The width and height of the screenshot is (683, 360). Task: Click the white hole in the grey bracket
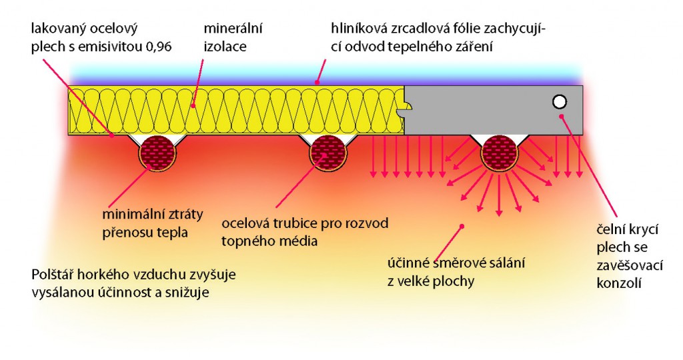(560, 102)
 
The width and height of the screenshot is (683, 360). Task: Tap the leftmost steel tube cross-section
(157, 153)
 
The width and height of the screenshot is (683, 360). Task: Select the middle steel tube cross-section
(328, 153)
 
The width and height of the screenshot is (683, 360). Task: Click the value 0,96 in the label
(157, 47)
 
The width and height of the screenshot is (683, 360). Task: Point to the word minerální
(233, 29)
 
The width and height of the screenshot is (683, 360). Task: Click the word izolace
(225, 47)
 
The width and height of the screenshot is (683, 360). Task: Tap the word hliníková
(358, 29)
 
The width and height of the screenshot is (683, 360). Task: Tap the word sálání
(506, 263)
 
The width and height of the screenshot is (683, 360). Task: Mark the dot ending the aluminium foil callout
(317, 81)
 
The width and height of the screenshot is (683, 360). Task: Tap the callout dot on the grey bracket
(562, 116)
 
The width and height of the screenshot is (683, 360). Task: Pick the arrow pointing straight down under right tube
(499, 195)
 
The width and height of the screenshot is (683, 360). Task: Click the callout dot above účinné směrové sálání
(462, 226)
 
